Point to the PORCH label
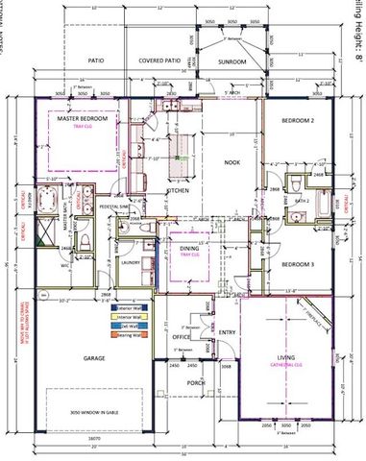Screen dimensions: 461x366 196,382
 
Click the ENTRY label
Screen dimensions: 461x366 227,332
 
